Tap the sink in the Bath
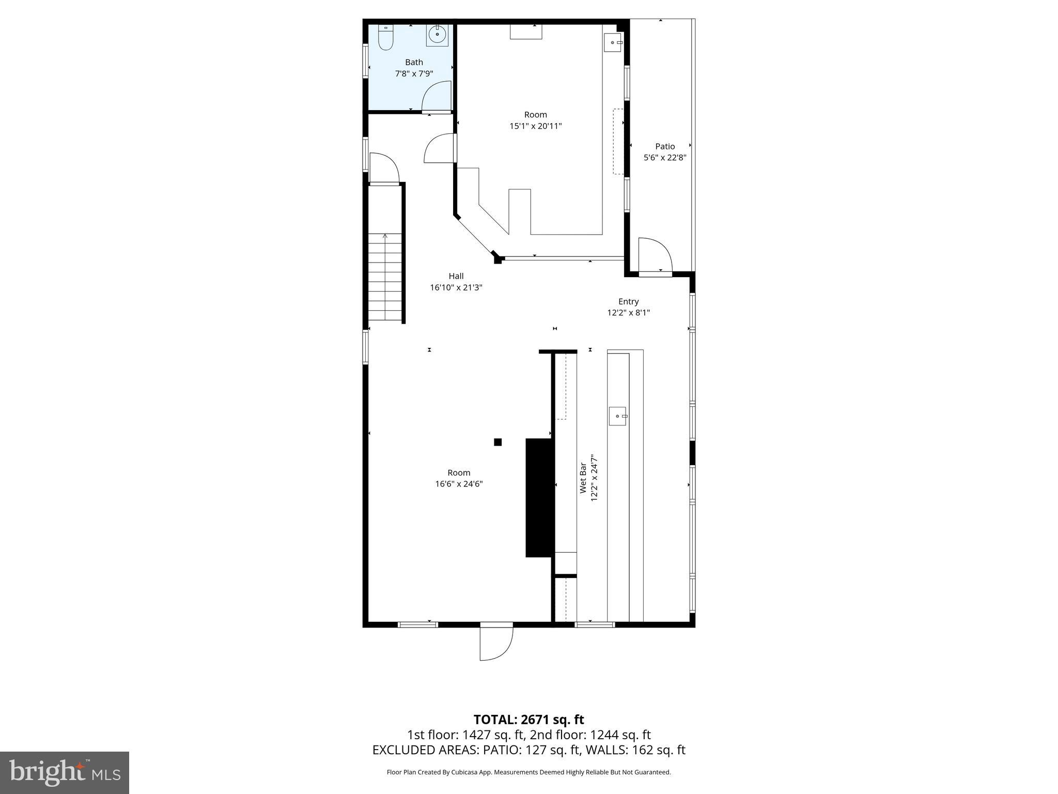(x=437, y=35)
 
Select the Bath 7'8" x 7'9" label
(x=414, y=68)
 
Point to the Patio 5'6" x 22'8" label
(x=664, y=152)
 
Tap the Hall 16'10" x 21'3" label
(x=456, y=282)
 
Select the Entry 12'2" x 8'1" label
(x=628, y=307)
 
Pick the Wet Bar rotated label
(x=588, y=478)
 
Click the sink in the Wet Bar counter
(x=617, y=416)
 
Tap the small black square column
(x=497, y=442)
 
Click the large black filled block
(x=538, y=497)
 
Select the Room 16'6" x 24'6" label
(x=459, y=478)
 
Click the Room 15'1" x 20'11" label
(x=535, y=120)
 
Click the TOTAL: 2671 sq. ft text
(x=528, y=720)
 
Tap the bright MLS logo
(x=65, y=772)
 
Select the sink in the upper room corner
(x=613, y=42)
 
